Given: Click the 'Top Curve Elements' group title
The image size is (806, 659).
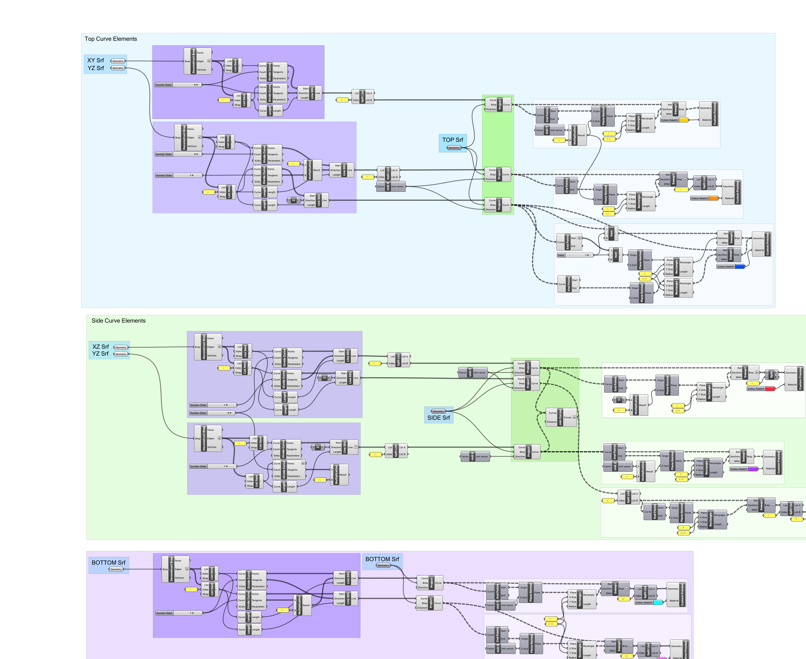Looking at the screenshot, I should pyautogui.click(x=110, y=39).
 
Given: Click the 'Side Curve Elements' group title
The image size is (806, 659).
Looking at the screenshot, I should pyautogui.click(x=118, y=321).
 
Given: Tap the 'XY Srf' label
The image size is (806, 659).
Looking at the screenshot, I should pyautogui.click(x=95, y=60).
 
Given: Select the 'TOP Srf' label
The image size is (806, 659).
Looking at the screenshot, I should pyautogui.click(x=453, y=140).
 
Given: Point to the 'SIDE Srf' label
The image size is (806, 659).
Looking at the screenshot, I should pyautogui.click(x=439, y=418).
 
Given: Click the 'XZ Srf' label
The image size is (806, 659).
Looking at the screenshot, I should pyautogui.click(x=100, y=347).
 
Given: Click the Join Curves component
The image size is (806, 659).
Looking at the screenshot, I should pyautogui.click(x=561, y=417).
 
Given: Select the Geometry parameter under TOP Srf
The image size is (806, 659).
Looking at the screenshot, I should pyautogui.click(x=454, y=148).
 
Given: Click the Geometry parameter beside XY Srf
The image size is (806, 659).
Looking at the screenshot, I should pyautogui.click(x=118, y=61).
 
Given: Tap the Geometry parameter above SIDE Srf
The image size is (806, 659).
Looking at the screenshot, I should pyautogui.click(x=439, y=411).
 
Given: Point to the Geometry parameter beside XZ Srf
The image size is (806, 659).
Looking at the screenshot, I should pyautogui.click(x=121, y=347).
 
